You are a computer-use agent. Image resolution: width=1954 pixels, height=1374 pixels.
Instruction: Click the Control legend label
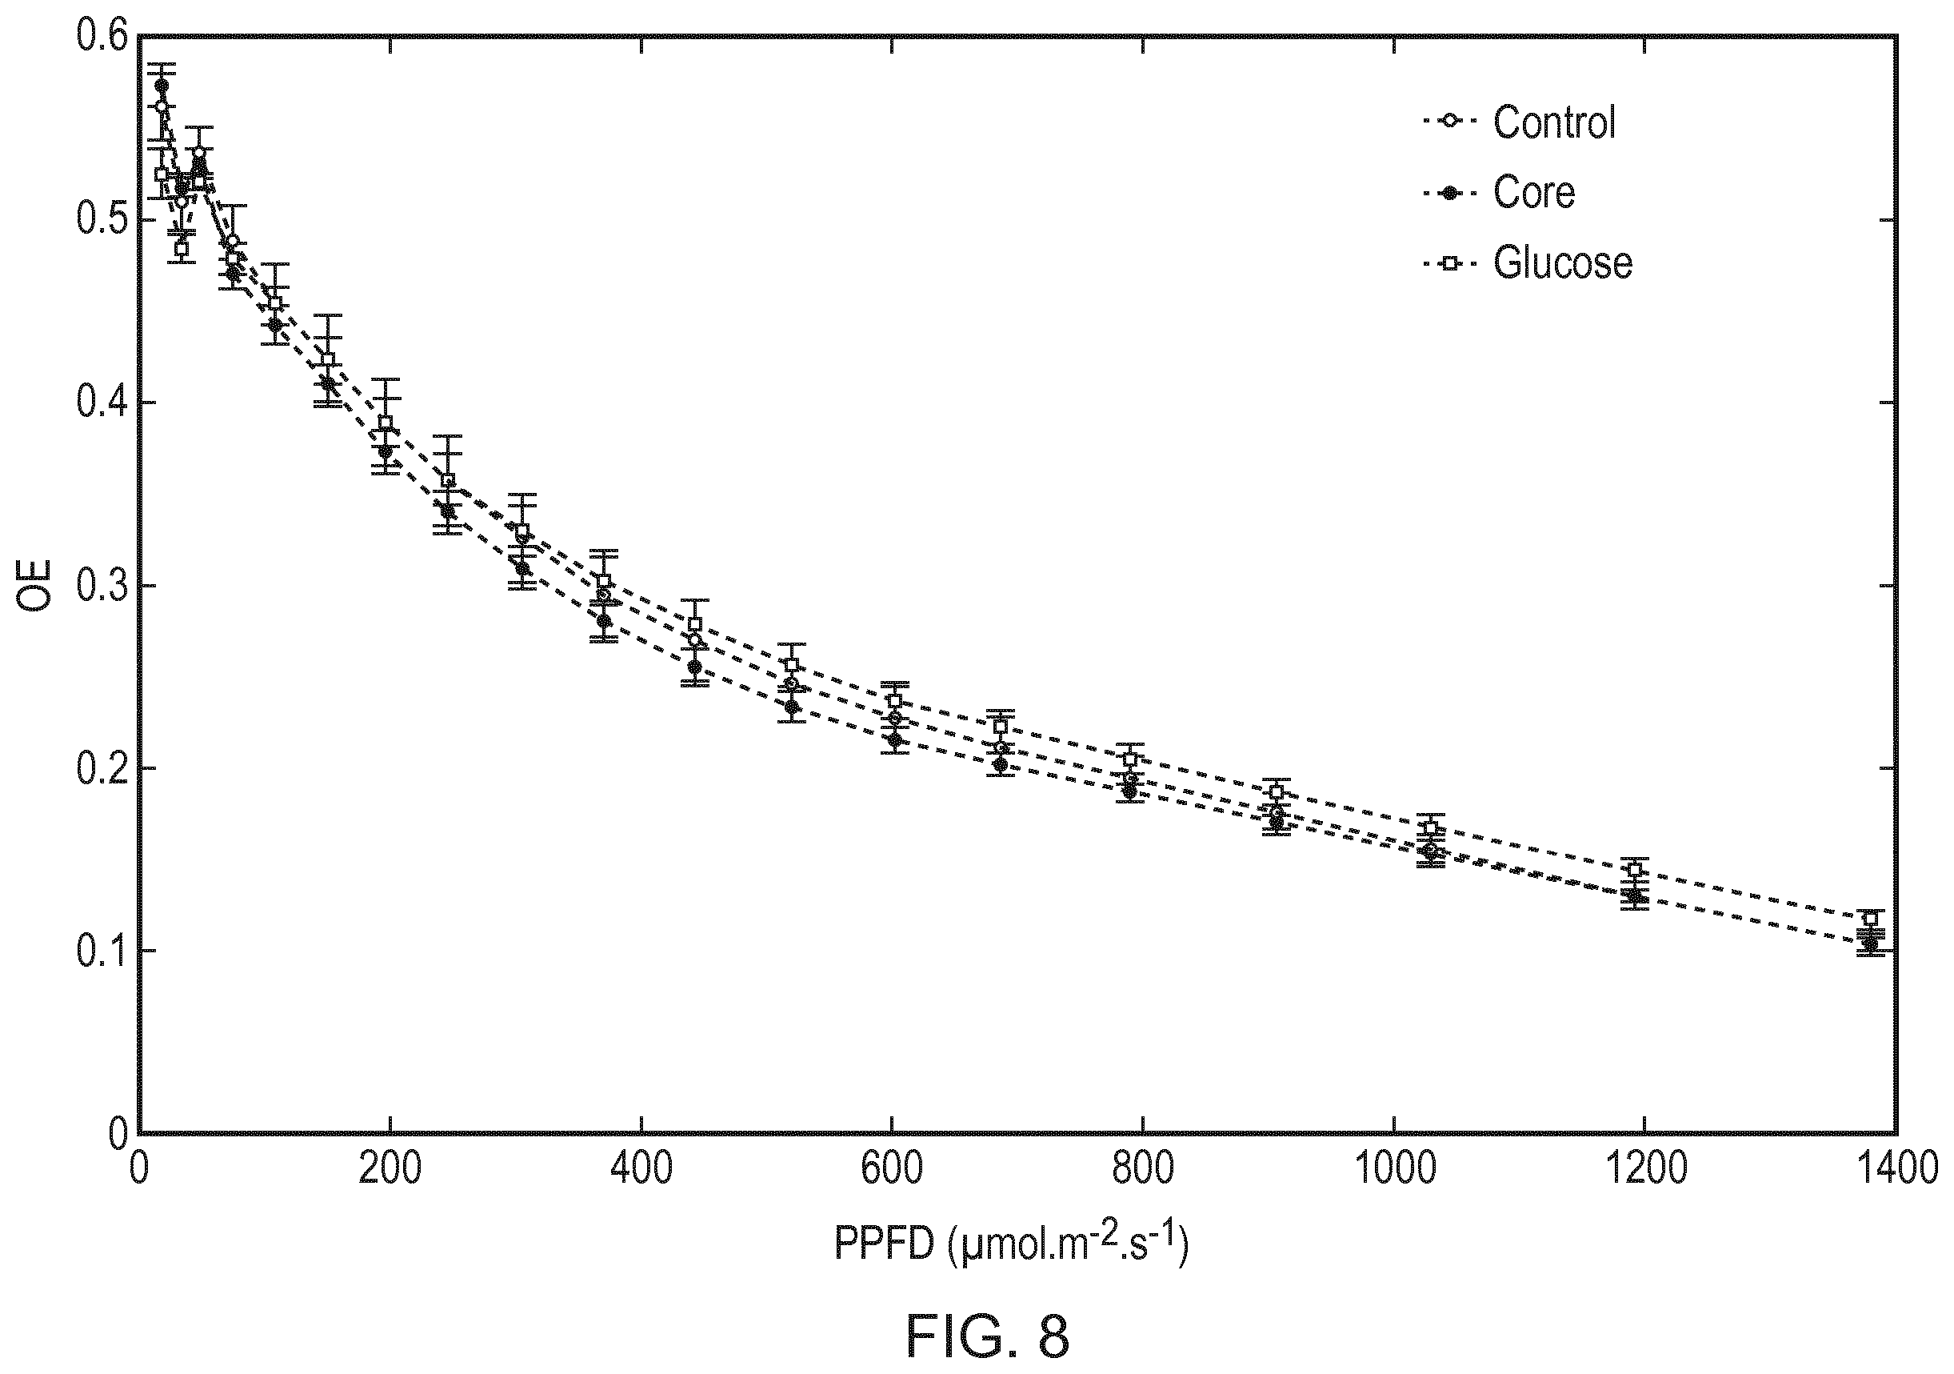pyautogui.click(x=1554, y=122)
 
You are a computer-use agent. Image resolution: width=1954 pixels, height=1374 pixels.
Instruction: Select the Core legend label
pyautogui.click(x=1533, y=192)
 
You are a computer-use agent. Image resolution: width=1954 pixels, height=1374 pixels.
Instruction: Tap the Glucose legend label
pyautogui.click(x=1563, y=262)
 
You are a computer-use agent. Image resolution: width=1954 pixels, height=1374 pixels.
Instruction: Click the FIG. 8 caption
pyautogui.click(x=987, y=1336)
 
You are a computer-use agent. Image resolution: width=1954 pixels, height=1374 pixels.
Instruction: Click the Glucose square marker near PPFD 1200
pyautogui.click(x=1634, y=869)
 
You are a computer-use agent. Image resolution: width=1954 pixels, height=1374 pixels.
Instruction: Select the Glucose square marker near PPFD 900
pyautogui.click(x=1276, y=791)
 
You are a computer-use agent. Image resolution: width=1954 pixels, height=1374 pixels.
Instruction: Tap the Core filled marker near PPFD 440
pyautogui.click(x=694, y=667)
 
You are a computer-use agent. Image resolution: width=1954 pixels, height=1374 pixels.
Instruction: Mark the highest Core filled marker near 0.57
pyautogui.click(x=162, y=85)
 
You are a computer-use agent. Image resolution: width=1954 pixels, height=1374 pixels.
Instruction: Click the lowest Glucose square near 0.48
pyautogui.click(x=182, y=249)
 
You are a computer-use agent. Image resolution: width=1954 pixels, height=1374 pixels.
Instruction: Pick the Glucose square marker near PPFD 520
pyautogui.click(x=792, y=665)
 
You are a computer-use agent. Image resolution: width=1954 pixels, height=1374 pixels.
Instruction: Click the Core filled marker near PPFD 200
pyautogui.click(x=386, y=451)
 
